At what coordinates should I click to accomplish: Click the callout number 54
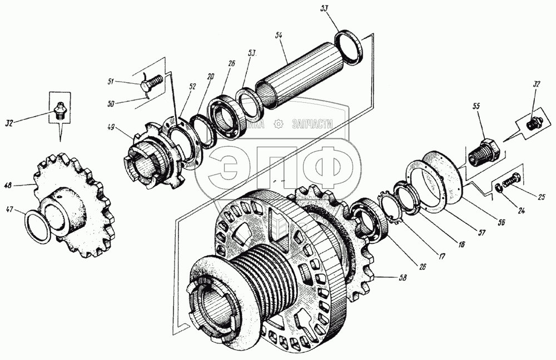tap(279, 34)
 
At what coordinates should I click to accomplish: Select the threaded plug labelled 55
tap(483, 151)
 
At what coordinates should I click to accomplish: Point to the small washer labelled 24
tap(499, 191)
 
